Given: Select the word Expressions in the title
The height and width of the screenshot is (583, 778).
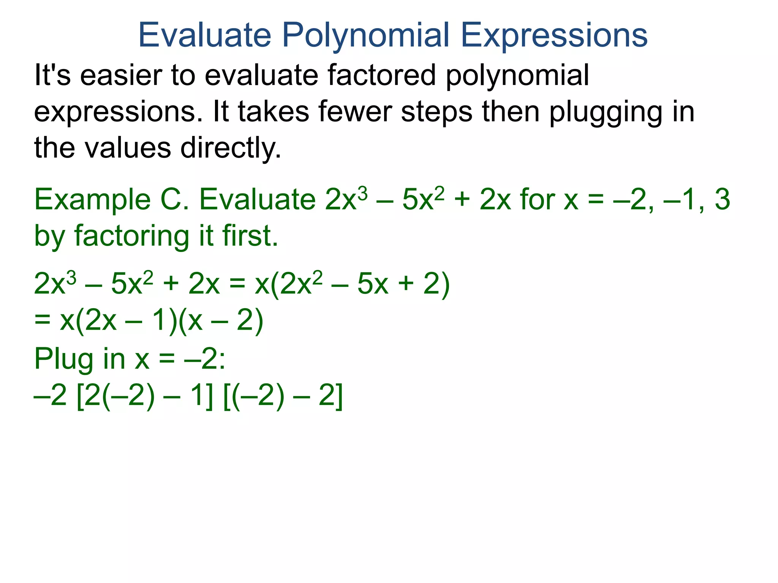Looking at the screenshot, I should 554,35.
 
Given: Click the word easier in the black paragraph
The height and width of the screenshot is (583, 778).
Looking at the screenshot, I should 120,75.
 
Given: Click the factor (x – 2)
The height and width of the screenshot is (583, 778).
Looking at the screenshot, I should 221,321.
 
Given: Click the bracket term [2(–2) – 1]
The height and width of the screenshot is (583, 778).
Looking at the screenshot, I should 145,397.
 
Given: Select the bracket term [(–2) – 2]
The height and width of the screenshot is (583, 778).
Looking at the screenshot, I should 283,397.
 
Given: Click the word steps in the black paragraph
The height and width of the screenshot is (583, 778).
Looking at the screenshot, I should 437,112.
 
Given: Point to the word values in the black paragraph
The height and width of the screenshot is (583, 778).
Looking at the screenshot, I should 128,148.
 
